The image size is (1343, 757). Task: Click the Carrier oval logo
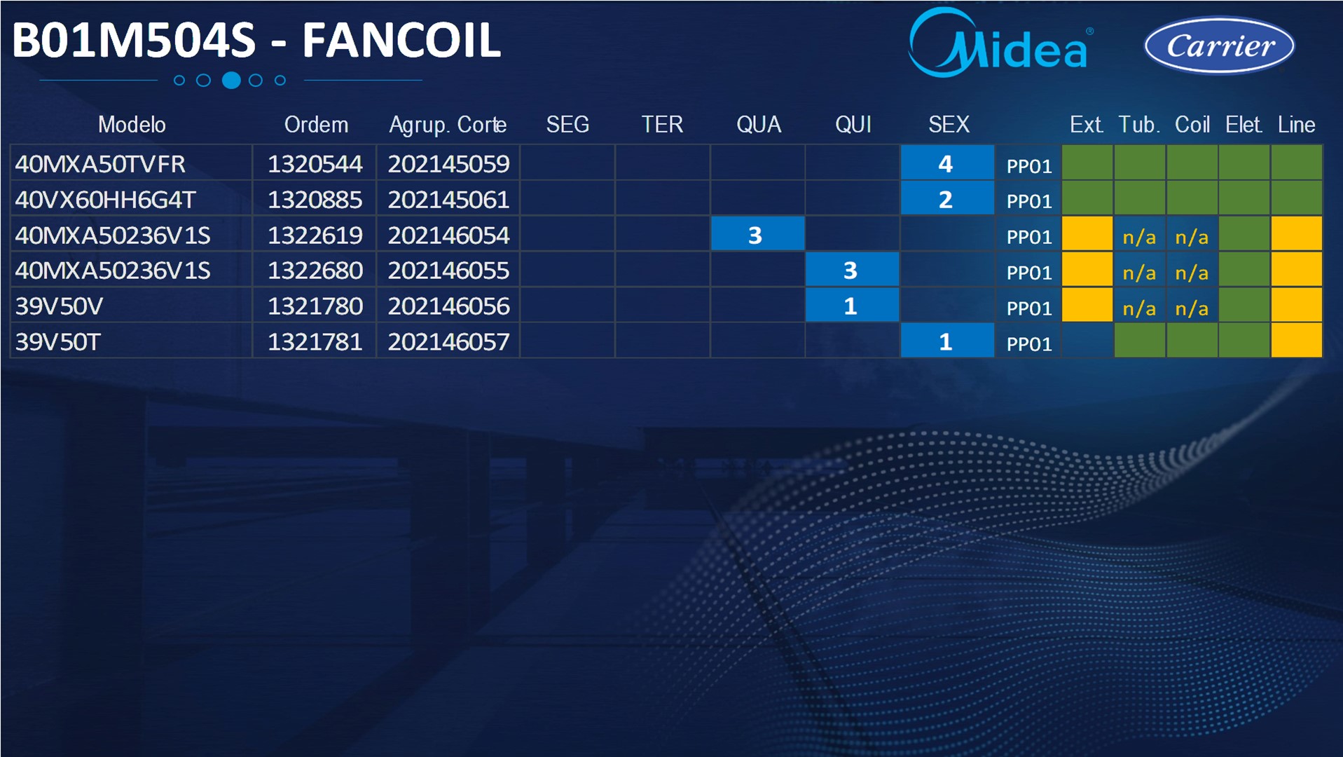point(1219,46)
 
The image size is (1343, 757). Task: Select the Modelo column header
point(132,125)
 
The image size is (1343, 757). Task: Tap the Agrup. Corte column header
point(448,125)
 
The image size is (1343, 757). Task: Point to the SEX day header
point(949,125)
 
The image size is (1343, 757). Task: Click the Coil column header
point(1192,125)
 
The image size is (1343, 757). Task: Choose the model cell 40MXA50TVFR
point(100,164)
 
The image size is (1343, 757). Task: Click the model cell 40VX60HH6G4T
point(105,200)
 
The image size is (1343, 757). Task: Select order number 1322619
point(315,236)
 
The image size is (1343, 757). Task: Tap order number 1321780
point(315,306)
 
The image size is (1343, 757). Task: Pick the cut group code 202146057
point(448,342)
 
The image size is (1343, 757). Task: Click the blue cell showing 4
point(947,163)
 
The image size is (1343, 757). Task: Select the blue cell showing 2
point(947,199)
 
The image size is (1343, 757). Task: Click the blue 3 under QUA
point(757,234)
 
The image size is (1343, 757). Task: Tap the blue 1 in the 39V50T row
point(947,341)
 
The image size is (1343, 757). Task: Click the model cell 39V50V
point(59,306)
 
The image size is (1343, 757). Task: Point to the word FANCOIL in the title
point(401,41)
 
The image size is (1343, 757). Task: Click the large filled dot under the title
point(231,81)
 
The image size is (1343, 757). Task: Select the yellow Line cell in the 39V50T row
point(1296,341)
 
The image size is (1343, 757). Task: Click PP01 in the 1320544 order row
point(1029,166)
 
